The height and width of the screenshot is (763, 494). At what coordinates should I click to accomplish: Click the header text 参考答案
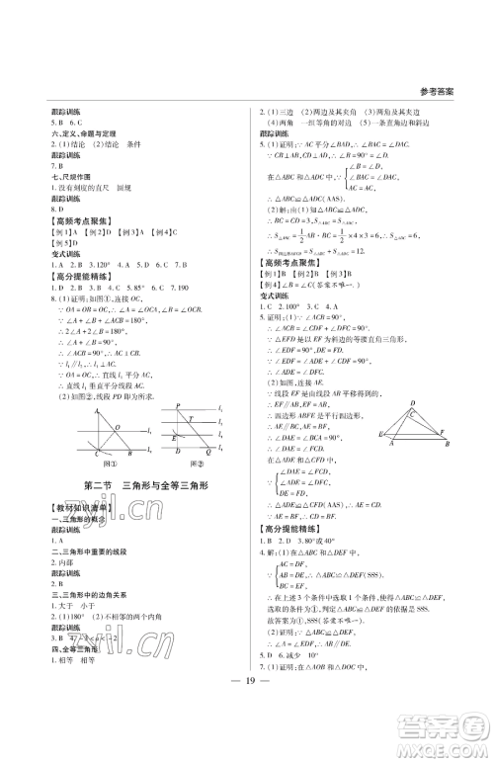[x=437, y=90]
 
